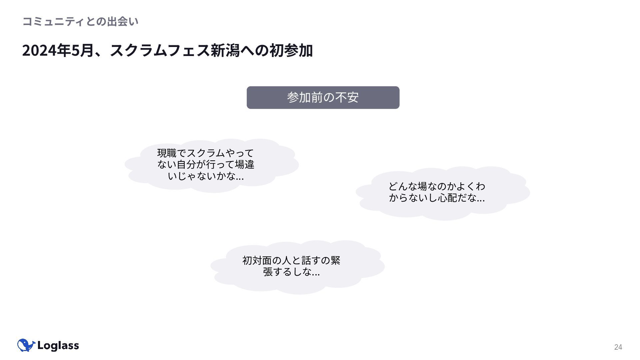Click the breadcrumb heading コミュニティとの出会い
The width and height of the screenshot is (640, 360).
pyautogui.click(x=80, y=22)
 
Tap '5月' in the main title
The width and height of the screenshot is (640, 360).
pyautogui.click(x=82, y=51)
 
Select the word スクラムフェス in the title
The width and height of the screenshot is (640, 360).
pyautogui.click(x=160, y=51)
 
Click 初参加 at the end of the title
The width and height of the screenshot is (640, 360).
pyautogui.click(x=291, y=51)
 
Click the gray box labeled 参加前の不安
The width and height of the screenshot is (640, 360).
pyautogui.click(x=323, y=97)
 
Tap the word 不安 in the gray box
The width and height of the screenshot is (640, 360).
pyautogui.click(x=347, y=97)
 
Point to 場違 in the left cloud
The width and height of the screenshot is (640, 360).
pyautogui.click(x=245, y=165)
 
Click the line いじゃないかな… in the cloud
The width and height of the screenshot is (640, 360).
pyautogui.click(x=206, y=176)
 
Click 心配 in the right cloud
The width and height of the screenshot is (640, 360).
pyautogui.click(x=448, y=198)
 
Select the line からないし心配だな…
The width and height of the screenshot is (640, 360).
pyautogui.click(x=437, y=198)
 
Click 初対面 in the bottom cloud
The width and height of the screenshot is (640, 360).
pyautogui.click(x=257, y=260)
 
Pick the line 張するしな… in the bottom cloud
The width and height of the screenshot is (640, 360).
pyautogui.click(x=291, y=272)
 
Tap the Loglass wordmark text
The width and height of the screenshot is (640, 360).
pyautogui.click(x=58, y=346)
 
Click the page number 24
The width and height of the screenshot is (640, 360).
pyautogui.click(x=618, y=347)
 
